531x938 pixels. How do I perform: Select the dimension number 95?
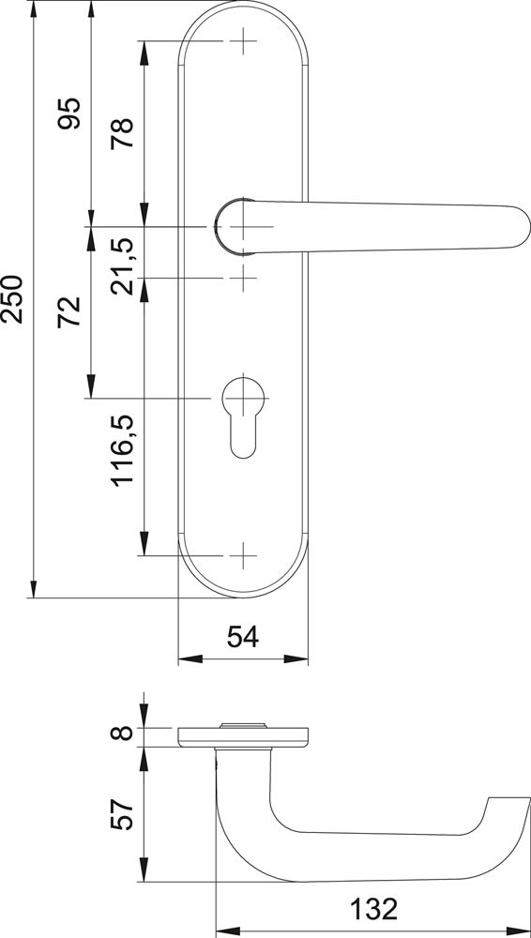click(68, 113)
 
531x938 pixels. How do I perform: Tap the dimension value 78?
click(122, 133)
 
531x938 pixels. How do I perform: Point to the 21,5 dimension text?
click(122, 265)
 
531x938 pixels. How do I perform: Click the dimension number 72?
click(68, 311)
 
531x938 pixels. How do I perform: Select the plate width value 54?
click(243, 637)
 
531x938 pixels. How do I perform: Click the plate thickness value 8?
click(122, 733)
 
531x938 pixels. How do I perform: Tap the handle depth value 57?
click(122, 813)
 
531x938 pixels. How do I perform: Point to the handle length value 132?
click(373, 909)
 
